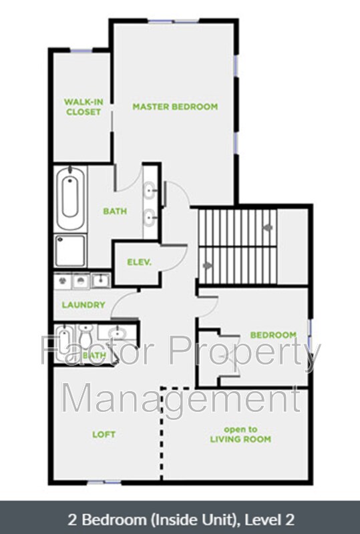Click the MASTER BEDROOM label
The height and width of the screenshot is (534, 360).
[x=175, y=107]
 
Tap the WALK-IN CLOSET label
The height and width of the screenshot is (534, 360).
[x=83, y=107]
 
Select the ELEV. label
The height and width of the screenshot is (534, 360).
[x=139, y=262]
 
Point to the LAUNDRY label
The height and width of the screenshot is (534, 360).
[x=83, y=304]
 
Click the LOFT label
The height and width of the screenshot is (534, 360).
[x=104, y=435]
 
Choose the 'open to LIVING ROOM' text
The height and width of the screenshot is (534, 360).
[x=240, y=435]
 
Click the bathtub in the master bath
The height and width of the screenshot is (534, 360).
[x=70, y=198]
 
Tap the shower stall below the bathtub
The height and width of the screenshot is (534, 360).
[x=70, y=251]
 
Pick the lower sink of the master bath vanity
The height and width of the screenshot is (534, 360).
[x=150, y=217]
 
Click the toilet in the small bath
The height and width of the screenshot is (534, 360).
[x=85, y=336]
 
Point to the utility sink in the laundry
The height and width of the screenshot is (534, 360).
[x=101, y=280]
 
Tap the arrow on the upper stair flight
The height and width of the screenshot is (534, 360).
[x=268, y=228]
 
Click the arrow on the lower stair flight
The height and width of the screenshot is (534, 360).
[x=207, y=265]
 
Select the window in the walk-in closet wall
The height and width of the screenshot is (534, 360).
[x=81, y=51]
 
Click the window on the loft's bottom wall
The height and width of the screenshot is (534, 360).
[x=104, y=482]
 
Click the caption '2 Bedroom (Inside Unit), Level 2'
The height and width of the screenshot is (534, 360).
[x=181, y=520]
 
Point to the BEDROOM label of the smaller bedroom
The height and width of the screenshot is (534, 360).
[x=273, y=335]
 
